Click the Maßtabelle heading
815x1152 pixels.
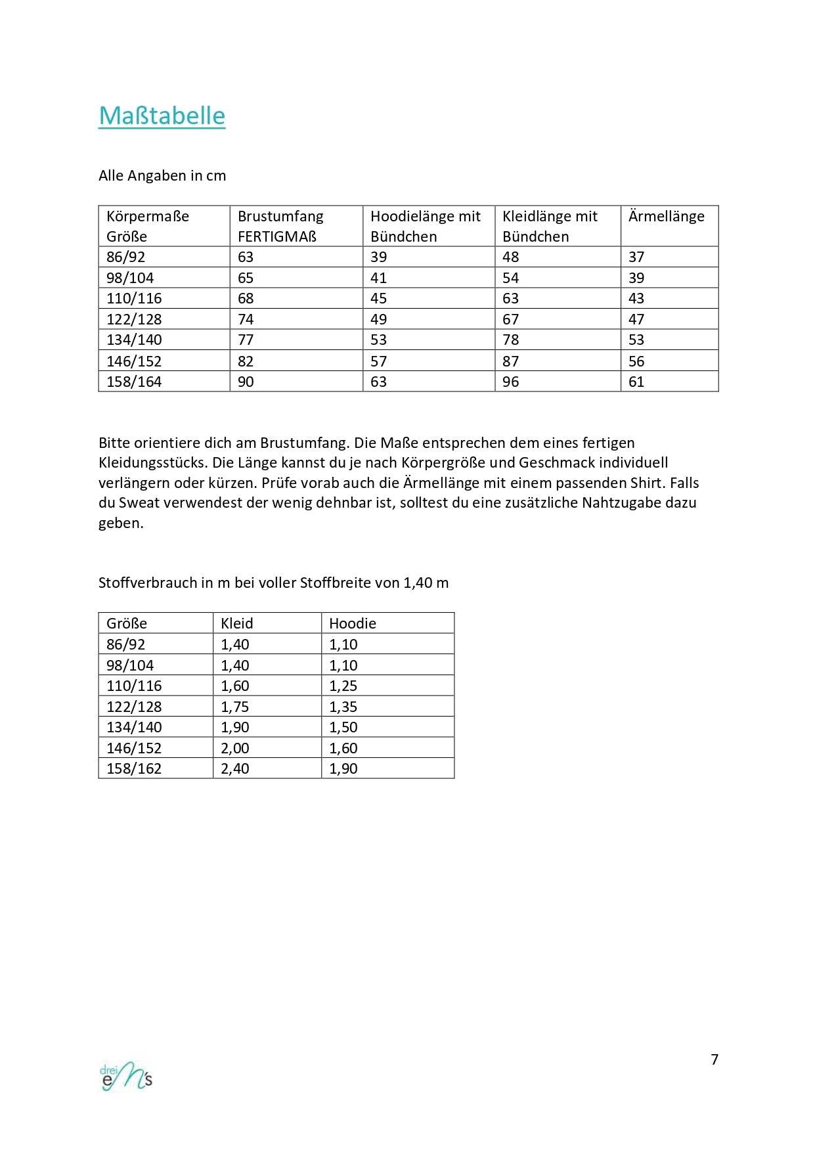pyautogui.click(x=162, y=116)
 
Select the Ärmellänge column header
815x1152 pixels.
pyautogui.click(x=666, y=216)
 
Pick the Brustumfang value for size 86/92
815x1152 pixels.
pyautogui.click(x=246, y=257)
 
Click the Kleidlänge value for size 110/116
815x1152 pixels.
pyautogui.click(x=510, y=298)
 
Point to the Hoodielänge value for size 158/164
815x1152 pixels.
pyautogui.click(x=378, y=382)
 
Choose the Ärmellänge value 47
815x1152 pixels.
pyautogui.click(x=636, y=319)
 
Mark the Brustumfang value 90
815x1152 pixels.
pyautogui.click(x=246, y=382)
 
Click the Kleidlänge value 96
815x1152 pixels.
pyautogui.click(x=510, y=382)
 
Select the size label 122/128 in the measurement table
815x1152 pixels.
pyautogui.click(x=134, y=319)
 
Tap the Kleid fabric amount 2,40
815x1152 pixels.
pyautogui.click(x=235, y=768)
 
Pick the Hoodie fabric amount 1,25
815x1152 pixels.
pyautogui.click(x=343, y=686)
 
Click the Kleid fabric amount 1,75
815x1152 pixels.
pyautogui.click(x=235, y=707)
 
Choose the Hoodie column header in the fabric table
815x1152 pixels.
pyautogui.click(x=353, y=623)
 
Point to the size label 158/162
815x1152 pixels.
pyautogui.click(x=134, y=768)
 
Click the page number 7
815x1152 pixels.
pyautogui.click(x=715, y=1059)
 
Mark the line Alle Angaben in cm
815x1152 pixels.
pyautogui.click(x=162, y=175)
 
